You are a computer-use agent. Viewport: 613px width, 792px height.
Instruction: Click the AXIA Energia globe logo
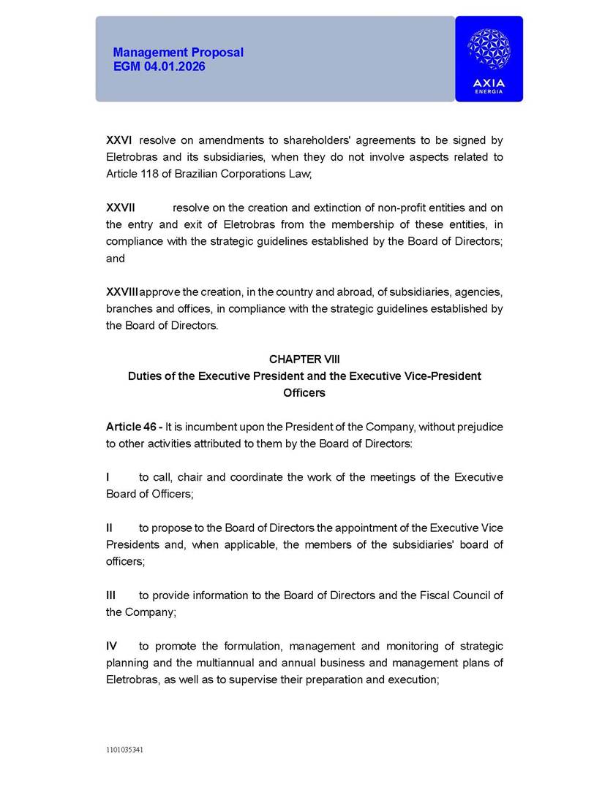489,50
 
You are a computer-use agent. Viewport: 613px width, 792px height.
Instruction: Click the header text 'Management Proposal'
178,53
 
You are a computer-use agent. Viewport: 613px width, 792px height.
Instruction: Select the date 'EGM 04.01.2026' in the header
159,66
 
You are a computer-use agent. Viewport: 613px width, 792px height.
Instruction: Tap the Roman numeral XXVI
119,140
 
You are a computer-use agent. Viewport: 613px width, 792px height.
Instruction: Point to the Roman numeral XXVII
121,208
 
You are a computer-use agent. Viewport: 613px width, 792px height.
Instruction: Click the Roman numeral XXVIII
122,292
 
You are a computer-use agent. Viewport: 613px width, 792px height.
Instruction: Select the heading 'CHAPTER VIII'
304,359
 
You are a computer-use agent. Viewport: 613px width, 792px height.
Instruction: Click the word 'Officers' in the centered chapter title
304,393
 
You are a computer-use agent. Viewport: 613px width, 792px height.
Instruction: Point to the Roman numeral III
111,595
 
